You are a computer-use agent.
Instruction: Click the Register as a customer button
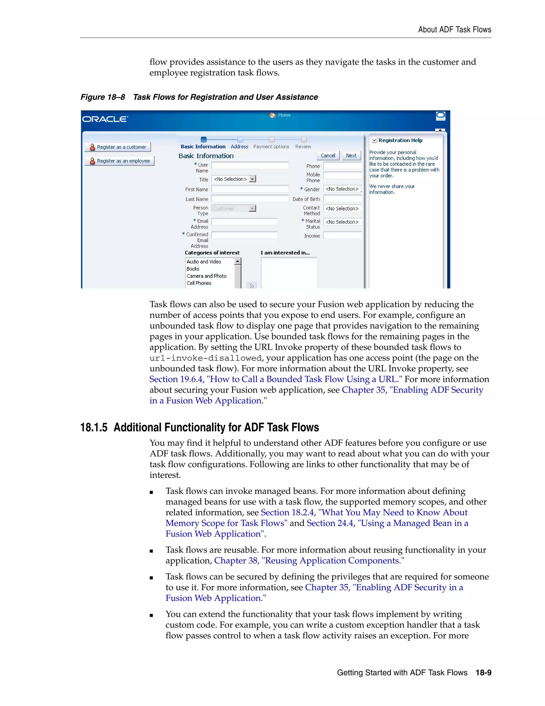[x=118, y=147]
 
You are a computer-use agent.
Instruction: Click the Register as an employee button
[x=120, y=161]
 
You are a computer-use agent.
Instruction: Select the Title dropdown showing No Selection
[x=234, y=179]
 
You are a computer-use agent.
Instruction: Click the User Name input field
[x=250, y=165]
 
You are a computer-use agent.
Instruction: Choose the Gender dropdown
[x=342, y=189]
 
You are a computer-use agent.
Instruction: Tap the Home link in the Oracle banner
[x=284, y=115]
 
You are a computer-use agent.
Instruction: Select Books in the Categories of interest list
[x=193, y=269]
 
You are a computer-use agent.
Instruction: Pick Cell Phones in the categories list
[x=199, y=283]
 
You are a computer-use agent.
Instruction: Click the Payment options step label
[x=271, y=147]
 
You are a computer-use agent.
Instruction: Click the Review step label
[x=303, y=147]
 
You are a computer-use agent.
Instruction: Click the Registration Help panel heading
[x=400, y=140]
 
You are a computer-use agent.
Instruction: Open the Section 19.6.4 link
[x=275, y=379]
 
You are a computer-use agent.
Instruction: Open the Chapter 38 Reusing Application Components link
[x=309, y=561]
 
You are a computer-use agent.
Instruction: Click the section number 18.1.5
[x=94, y=427]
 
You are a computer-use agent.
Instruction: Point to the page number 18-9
[x=483, y=673]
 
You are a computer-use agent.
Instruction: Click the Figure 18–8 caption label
[x=103, y=97]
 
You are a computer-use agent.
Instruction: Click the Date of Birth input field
[x=342, y=199]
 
